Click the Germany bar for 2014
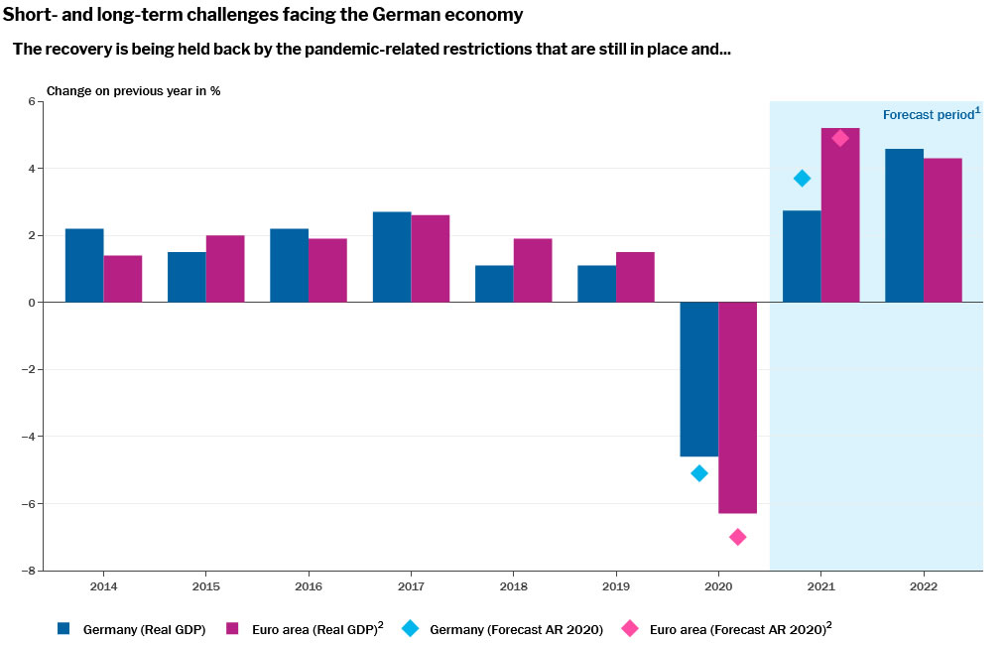[x=84, y=265]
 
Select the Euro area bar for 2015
[x=225, y=269]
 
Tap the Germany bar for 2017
[x=392, y=257]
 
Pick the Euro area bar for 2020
[x=737, y=407]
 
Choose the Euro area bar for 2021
[x=840, y=215]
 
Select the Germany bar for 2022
[x=904, y=225]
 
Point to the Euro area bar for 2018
[x=533, y=270]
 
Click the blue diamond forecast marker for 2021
[x=802, y=179]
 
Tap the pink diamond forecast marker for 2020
[x=737, y=537]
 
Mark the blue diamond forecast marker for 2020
[x=698, y=473]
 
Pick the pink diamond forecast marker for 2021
[x=840, y=138]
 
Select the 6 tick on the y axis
[x=31, y=101]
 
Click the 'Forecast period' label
[x=928, y=115]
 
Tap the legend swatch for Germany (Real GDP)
[x=64, y=628]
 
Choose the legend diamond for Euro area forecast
[x=629, y=628]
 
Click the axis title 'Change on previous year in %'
[x=134, y=90]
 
